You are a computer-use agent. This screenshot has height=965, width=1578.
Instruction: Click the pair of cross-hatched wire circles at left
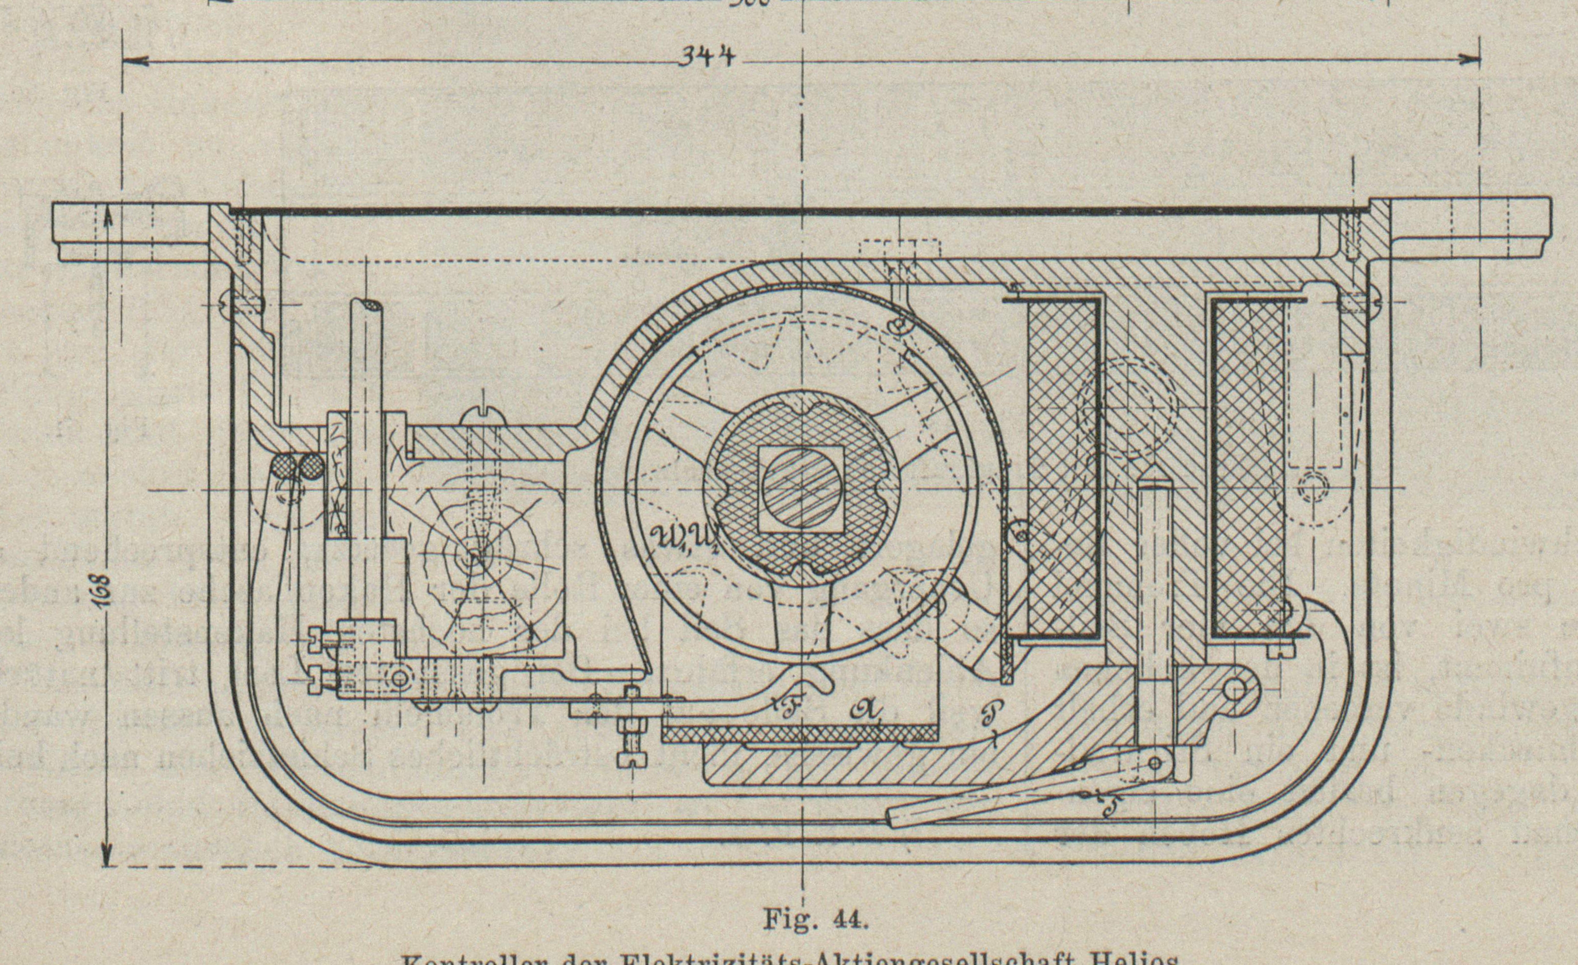[x=299, y=466]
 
